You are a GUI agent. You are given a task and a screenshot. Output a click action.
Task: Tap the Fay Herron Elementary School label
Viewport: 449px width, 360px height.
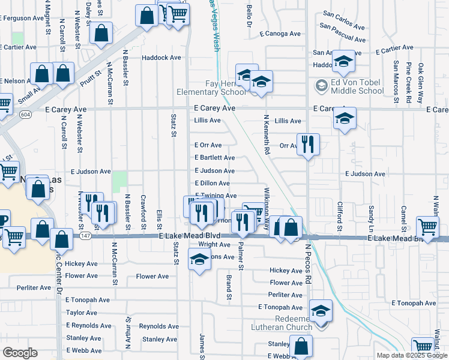[211, 88]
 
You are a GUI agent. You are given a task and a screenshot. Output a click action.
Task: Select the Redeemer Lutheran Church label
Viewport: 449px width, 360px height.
[285, 323]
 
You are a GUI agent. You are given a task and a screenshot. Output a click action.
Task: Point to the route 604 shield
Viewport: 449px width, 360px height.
[25, 114]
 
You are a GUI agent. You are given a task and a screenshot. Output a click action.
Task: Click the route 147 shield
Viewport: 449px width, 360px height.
[86, 236]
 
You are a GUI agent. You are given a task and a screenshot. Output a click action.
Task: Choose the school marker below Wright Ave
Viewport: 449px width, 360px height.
[199, 260]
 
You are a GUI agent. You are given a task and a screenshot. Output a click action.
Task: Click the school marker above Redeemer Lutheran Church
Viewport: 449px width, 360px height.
[321, 310]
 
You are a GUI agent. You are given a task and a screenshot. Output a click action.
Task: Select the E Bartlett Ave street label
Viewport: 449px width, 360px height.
[215, 158]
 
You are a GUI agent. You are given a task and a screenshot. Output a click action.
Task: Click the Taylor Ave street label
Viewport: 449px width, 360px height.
[82, 313]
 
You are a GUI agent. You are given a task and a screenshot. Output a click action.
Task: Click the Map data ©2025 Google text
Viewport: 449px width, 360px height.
[411, 355]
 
